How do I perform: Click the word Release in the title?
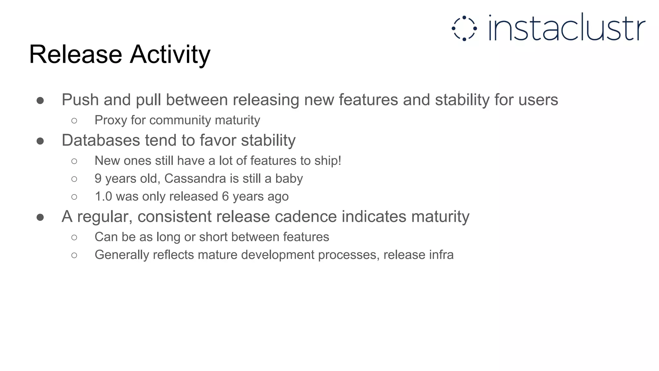75,54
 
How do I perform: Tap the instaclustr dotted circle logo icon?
464,28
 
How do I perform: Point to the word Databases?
101,140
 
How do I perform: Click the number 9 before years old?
98,178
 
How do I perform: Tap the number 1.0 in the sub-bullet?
103,196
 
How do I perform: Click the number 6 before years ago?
225,196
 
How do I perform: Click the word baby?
289,178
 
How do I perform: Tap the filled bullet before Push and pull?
40,101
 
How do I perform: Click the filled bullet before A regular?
40,217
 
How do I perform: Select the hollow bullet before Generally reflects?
74,255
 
